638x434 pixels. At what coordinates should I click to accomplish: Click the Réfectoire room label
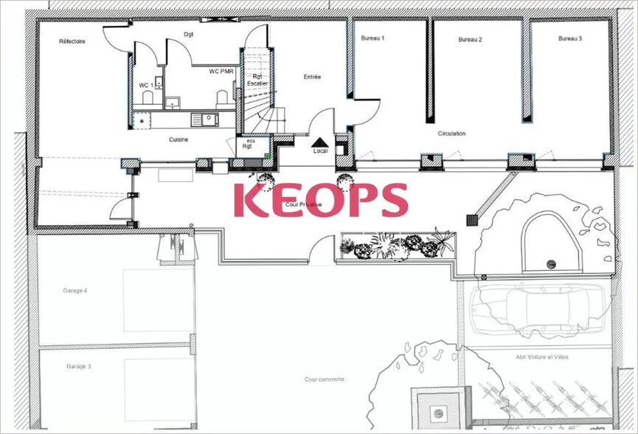click(72, 41)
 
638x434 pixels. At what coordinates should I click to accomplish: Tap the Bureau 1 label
click(372, 38)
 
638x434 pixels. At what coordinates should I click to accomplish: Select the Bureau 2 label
click(470, 39)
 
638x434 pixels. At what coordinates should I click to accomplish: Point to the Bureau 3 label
click(570, 38)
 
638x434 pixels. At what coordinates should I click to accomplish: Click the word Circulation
click(451, 134)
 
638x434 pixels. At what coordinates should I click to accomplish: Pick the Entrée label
click(312, 77)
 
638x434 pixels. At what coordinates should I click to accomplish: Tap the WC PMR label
click(221, 72)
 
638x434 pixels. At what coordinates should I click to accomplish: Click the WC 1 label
click(146, 85)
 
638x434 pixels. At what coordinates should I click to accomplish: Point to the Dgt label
click(188, 34)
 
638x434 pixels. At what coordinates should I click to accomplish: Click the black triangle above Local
click(320, 141)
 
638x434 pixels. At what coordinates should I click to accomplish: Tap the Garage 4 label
click(75, 291)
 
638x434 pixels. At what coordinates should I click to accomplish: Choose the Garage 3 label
click(78, 366)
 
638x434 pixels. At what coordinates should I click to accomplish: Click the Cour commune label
click(325, 379)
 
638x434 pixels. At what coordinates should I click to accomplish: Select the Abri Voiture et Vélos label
click(542, 357)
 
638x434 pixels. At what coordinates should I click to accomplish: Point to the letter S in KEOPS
click(389, 200)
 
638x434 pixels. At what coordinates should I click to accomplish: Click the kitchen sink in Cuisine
click(205, 119)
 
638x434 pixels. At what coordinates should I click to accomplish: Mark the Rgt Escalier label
click(257, 80)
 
